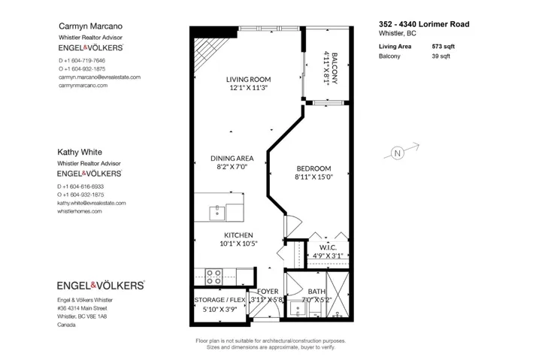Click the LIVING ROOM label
tap(248, 79)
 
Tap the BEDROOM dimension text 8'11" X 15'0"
tap(313, 177)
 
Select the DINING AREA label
tap(232, 159)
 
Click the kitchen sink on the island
tap(217, 213)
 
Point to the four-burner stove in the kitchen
tap(213, 277)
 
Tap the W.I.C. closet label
tap(328, 247)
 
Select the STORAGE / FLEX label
tap(220, 300)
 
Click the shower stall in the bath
tap(338, 295)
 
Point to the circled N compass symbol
tap(397, 153)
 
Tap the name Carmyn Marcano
tap(90, 26)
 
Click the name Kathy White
tap(80, 152)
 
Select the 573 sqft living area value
tap(443, 47)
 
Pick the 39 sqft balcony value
tap(441, 56)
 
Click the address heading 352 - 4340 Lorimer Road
tap(424, 24)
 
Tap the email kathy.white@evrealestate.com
tap(92, 203)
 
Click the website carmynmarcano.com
tap(83, 86)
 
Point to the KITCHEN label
tap(238, 235)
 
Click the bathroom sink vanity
tap(298, 309)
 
